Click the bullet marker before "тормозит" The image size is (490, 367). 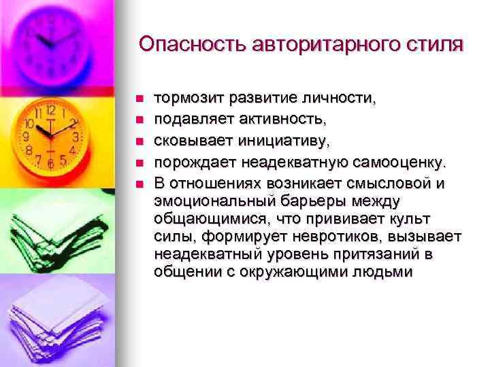[137, 99]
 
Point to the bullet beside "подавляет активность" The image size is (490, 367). [137, 120]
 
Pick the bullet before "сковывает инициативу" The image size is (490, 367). [137, 141]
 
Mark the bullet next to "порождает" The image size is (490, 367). [137, 162]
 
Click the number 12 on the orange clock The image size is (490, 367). [50, 110]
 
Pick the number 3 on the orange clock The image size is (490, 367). [76, 136]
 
